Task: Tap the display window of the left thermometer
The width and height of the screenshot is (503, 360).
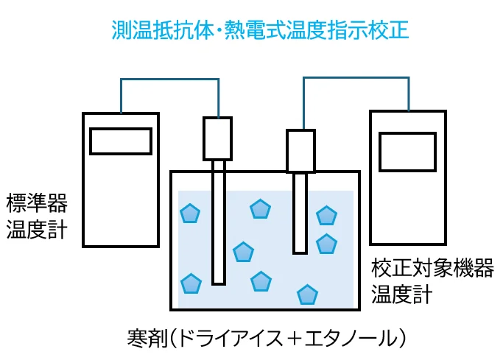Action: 120,141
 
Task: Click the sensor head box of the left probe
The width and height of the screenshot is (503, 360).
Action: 218,139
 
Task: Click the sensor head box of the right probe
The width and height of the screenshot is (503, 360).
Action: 300,151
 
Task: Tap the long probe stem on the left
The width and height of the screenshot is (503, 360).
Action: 218,222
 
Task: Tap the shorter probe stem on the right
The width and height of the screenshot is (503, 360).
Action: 300,213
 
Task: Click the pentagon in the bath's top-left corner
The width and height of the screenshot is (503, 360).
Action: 190,213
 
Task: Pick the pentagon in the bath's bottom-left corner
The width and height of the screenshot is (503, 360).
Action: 191,283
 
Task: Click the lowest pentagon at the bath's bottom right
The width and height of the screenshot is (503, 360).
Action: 307,295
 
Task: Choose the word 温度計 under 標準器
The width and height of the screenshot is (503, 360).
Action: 36,230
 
